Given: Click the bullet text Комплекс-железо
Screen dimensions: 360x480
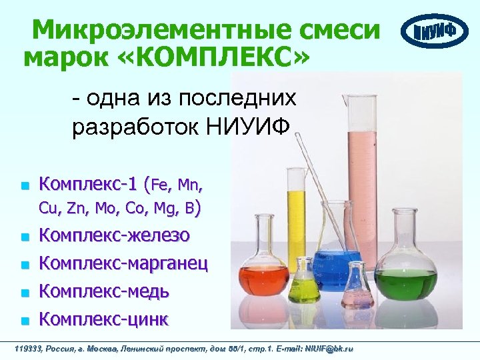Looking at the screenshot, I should click(x=115, y=235).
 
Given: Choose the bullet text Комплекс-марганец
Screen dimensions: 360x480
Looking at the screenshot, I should click(x=123, y=263).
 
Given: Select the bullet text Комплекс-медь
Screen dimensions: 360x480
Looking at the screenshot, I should click(x=104, y=291).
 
